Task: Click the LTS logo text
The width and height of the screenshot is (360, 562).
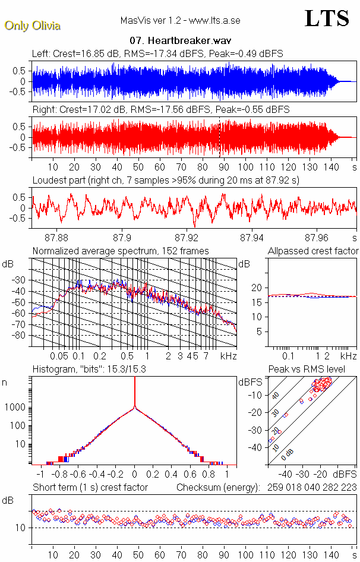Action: tap(326, 19)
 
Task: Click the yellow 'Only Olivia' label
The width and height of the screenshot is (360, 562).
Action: tap(32, 26)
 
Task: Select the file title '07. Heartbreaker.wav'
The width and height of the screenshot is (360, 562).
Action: tap(179, 41)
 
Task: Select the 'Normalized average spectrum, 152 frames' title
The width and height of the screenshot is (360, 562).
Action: tap(121, 251)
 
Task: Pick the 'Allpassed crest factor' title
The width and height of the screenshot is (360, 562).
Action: tap(313, 251)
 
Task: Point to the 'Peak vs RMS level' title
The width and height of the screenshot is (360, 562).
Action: tap(315, 370)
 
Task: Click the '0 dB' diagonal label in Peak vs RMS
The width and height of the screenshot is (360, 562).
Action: tap(288, 453)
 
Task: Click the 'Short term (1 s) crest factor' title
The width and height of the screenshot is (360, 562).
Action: tap(90, 488)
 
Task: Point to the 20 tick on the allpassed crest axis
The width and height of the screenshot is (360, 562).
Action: tap(258, 288)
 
